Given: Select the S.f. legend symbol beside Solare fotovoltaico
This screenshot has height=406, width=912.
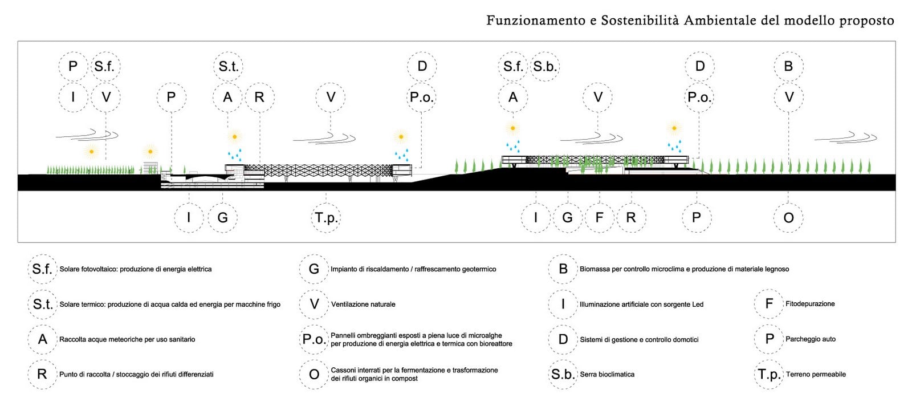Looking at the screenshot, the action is (42, 269).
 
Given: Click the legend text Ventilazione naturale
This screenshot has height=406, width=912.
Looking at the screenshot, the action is (363, 304).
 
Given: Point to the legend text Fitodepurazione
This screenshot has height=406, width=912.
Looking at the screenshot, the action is (810, 304).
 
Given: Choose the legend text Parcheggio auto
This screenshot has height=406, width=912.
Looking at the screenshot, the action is (810, 339).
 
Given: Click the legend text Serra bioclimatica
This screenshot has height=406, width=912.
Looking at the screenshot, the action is (607, 374).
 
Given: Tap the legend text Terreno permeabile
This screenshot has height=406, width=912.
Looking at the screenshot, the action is (816, 374).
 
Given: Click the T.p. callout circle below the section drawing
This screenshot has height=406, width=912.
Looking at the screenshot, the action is (325, 218).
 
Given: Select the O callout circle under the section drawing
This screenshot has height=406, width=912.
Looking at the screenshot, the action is (788, 218).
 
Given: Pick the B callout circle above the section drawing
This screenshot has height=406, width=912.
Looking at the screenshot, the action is (788, 66).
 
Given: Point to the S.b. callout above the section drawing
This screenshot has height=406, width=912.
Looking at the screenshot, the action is (545, 66).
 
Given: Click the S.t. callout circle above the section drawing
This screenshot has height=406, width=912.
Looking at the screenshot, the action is (228, 66).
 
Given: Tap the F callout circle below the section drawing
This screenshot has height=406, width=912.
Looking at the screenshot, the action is (599, 218).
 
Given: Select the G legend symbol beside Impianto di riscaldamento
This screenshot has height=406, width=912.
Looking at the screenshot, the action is (314, 269).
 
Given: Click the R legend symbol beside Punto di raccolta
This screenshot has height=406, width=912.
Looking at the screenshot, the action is (42, 374).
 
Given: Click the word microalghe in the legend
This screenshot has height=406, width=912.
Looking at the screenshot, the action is (485, 335).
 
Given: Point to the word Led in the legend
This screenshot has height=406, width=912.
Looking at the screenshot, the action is (698, 304).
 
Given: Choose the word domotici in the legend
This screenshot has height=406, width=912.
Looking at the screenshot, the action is (686, 340).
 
